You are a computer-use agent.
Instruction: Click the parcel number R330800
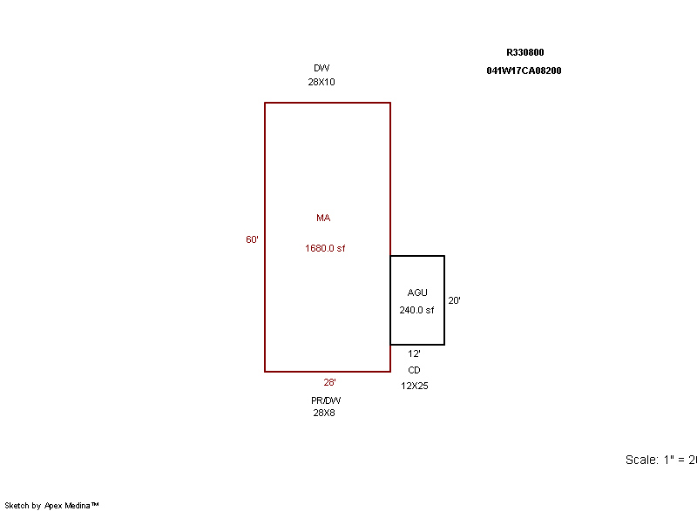pos(525,52)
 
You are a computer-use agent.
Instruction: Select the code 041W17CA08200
pos(524,71)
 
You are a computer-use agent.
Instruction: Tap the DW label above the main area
pos(321,68)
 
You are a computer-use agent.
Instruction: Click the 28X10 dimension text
pos(321,82)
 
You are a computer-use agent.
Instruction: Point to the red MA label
pos(323,218)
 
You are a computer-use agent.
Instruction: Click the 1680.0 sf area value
pos(325,248)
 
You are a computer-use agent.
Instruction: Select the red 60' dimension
pos(252,239)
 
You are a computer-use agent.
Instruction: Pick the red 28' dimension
pos(330,382)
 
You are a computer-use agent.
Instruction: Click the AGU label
pos(417,292)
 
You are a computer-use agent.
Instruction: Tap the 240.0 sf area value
pos(416,310)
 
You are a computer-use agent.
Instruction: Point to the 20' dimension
pos(454,300)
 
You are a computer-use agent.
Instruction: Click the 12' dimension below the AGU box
pos(414,353)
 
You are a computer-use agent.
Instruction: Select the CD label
pos(414,370)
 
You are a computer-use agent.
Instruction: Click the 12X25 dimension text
pos(415,386)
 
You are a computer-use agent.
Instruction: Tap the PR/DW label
pos(326,400)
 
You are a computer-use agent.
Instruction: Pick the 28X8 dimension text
pos(324,413)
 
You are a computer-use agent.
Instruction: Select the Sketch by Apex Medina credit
pos(51,505)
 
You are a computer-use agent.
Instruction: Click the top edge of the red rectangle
pos(328,103)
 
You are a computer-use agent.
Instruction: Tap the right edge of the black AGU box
pos(444,300)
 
